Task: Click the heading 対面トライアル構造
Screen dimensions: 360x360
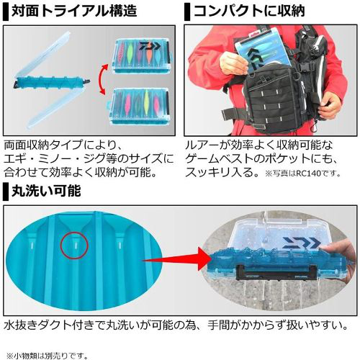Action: [x=74, y=11]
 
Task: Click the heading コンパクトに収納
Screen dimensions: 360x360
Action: [x=249, y=11]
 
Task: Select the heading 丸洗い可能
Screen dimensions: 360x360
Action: [x=46, y=191]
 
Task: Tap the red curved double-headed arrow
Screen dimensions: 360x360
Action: [x=102, y=79]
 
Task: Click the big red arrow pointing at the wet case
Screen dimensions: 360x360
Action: [x=177, y=259]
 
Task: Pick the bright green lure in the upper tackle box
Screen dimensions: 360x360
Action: [x=130, y=52]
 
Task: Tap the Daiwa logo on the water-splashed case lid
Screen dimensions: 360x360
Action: [x=300, y=243]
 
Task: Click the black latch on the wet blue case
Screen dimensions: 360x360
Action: [x=272, y=272]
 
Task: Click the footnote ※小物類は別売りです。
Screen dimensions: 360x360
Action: [x=47, y=355]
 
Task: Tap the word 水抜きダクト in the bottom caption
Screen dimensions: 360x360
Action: [x=37, y=325]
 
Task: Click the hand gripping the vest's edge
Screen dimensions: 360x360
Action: [x=333, y=106]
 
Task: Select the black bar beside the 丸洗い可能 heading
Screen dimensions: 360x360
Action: [x=6, y=192]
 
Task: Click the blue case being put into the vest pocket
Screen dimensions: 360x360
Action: [x=261, y=52]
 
